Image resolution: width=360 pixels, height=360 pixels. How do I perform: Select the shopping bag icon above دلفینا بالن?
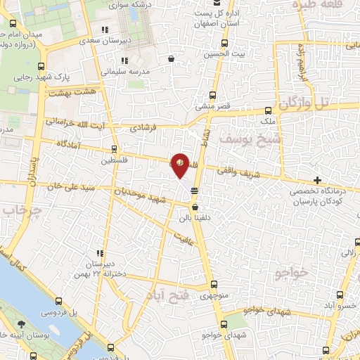pos(194,207)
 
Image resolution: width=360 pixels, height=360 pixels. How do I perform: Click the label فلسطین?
pos(115,160)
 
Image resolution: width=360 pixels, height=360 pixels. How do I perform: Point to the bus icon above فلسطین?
pos(115,149)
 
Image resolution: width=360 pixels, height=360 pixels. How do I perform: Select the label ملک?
pos(268,121)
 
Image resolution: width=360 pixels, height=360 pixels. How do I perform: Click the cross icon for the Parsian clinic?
pos(319,180)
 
